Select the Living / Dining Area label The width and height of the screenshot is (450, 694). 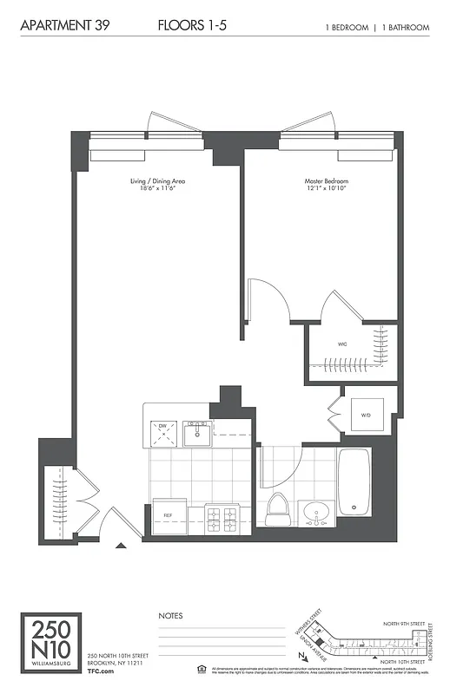[157, 181]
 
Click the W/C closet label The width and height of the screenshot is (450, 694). [342, 344]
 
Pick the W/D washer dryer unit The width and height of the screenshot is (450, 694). [367, 415]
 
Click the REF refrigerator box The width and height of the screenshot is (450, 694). [169, 514]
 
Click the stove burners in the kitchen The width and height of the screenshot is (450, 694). [220, 518]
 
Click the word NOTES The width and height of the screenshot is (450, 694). [170, 616]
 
